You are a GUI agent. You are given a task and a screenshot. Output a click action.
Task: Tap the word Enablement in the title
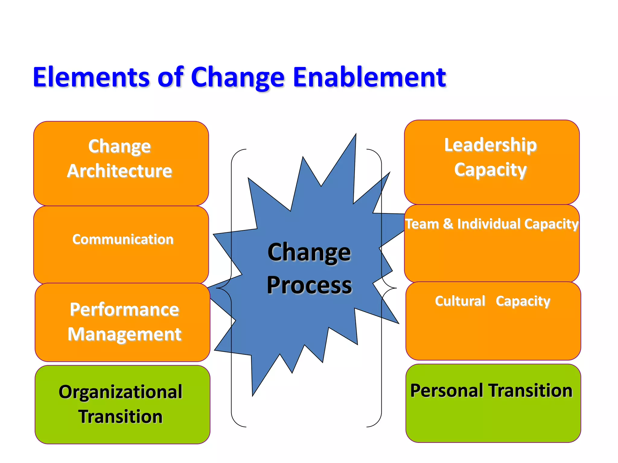tap(369, 77)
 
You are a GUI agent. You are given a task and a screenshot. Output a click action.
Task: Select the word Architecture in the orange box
tap(119, 171)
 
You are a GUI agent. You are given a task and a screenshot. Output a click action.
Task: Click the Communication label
tap(123, 239)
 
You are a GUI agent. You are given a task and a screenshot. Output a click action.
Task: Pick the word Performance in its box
tap(124, 310)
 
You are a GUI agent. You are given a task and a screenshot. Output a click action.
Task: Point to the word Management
tap(124, 334)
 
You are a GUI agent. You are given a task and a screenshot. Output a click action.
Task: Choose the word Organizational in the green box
tap(120, 392)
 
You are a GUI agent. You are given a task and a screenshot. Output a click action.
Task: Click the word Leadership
tap(490, 145)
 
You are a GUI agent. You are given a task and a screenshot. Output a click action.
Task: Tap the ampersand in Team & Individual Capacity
tap(448, 224)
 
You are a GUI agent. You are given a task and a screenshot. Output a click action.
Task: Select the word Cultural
tap(460, 301)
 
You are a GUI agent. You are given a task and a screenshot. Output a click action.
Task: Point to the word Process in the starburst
tap(309, 285)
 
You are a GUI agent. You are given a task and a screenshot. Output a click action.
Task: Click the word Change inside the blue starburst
tap(309, 252)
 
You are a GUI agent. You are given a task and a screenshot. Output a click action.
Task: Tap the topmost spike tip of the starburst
tap(356, 134)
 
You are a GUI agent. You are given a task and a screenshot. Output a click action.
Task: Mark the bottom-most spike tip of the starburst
tap(253, 395)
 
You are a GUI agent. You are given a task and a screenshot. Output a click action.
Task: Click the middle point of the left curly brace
tap(217, 288)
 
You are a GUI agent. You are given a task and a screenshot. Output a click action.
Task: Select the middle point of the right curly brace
tap(396, 288)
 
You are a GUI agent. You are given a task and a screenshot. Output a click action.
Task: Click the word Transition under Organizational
tap(120, 417)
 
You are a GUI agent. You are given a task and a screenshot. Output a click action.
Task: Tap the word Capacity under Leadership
tap(490, 170)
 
